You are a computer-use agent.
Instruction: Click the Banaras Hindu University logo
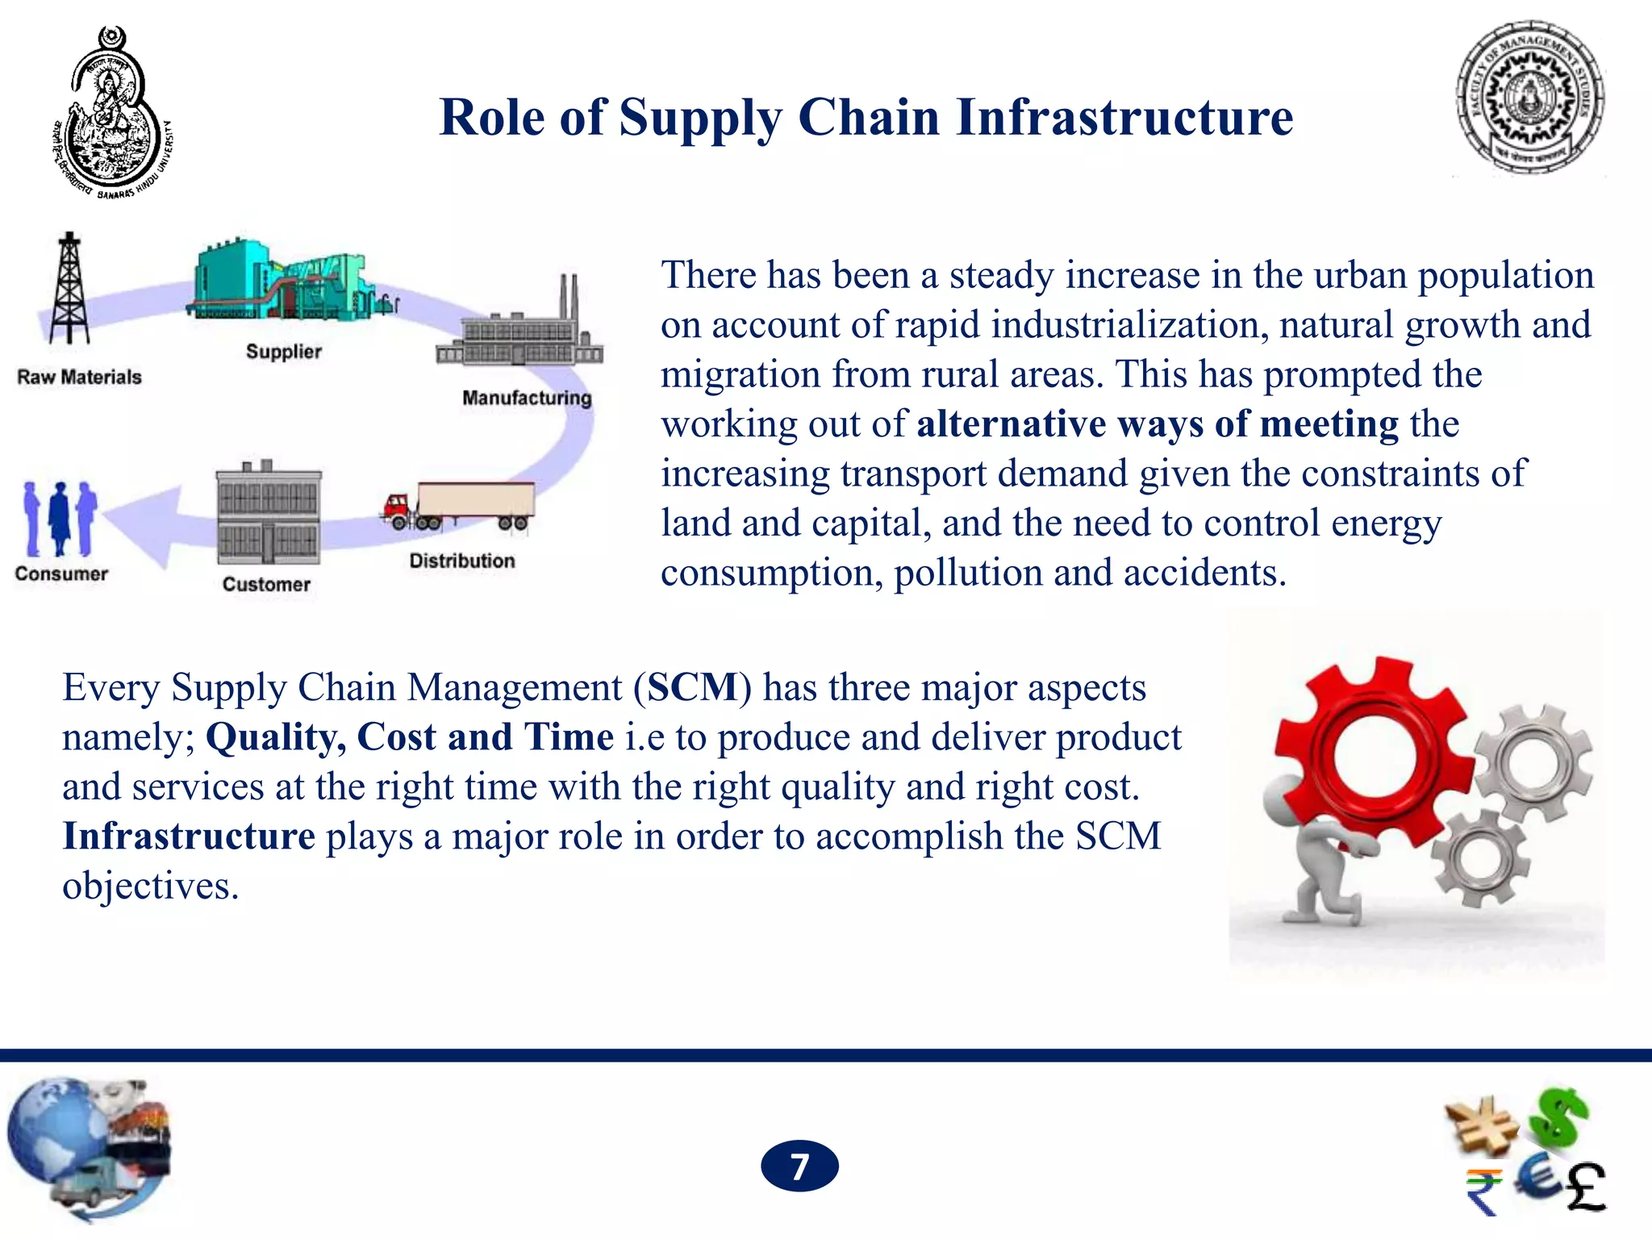[113, 113]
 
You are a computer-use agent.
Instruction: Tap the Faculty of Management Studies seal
[1529, 98]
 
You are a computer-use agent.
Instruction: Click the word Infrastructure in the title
[1124, 118]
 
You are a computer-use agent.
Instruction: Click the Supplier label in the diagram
[283, 352]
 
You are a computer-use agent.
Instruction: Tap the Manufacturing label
[527, 398]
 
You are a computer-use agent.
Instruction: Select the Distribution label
[461, 561]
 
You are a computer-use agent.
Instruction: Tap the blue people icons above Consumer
[60, 518]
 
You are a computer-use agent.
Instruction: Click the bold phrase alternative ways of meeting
[1157, 424]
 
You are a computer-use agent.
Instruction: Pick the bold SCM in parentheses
[693, 688]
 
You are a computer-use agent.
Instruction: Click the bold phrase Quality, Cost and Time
[410, 737]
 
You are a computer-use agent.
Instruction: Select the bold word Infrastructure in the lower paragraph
[189, 836]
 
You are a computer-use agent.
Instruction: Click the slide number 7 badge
[799, 1166]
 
